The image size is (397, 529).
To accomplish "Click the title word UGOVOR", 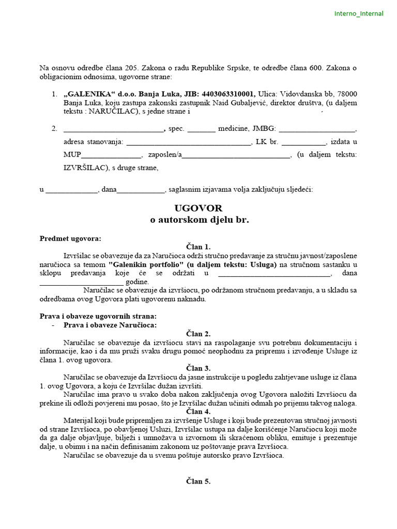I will pos(198,208).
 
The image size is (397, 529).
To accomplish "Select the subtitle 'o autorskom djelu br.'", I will pos(199,220).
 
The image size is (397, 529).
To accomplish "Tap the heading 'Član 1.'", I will pos(198,247).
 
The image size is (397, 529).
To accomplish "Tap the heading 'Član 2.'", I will pos(198,334).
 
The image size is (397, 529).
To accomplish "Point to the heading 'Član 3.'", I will pos(198,368).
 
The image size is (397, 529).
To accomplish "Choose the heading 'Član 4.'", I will pos(198,411).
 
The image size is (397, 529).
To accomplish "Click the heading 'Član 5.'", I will pos(198,481).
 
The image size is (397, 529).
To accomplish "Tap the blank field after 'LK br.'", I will pos(303,142).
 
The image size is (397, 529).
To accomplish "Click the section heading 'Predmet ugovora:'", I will pos(71,238).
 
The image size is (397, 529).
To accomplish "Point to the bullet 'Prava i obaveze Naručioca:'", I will pos(110,325).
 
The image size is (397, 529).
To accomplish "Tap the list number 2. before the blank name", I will pos(55,129).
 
